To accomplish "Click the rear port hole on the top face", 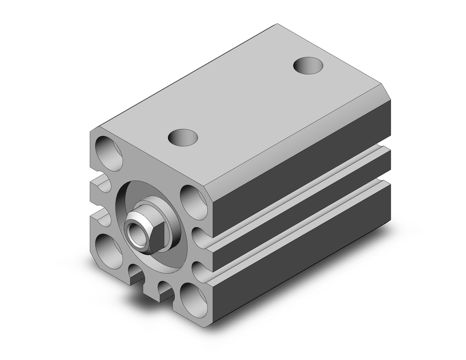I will coord(308,65).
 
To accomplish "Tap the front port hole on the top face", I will coord(183,137).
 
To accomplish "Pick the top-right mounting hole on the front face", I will coord(194,202).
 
